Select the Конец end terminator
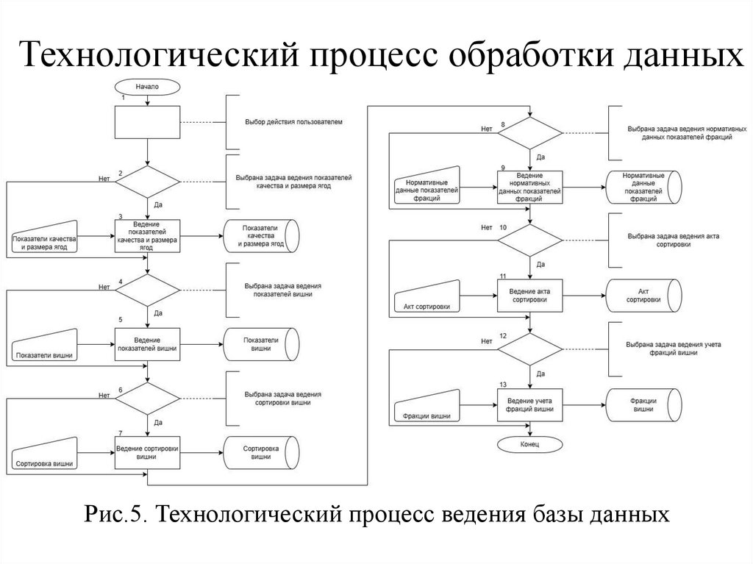pyautogui.click(x=529, y=445)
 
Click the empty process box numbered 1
pyautogui.click(x=147, y=121)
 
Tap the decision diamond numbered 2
pyautogui.click(x=147, y=182)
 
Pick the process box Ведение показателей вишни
pyautogui.click(x=147, y=344)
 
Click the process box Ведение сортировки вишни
pyautogui.click(x=147, y=452)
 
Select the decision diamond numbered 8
pyautogui.click(x=529, y=133)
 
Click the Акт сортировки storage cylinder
pyautogui.click(x=642, y=296)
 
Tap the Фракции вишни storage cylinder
pyautogui.click(x=642, y=404)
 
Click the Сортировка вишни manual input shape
pyautogui.click(x=43, y=455)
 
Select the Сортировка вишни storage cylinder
pyautogui.click(x=260, y=452)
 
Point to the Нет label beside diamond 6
pyautogui.click(x=104, y=395)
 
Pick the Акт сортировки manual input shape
pyautogui.click(x=427, y=297)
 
